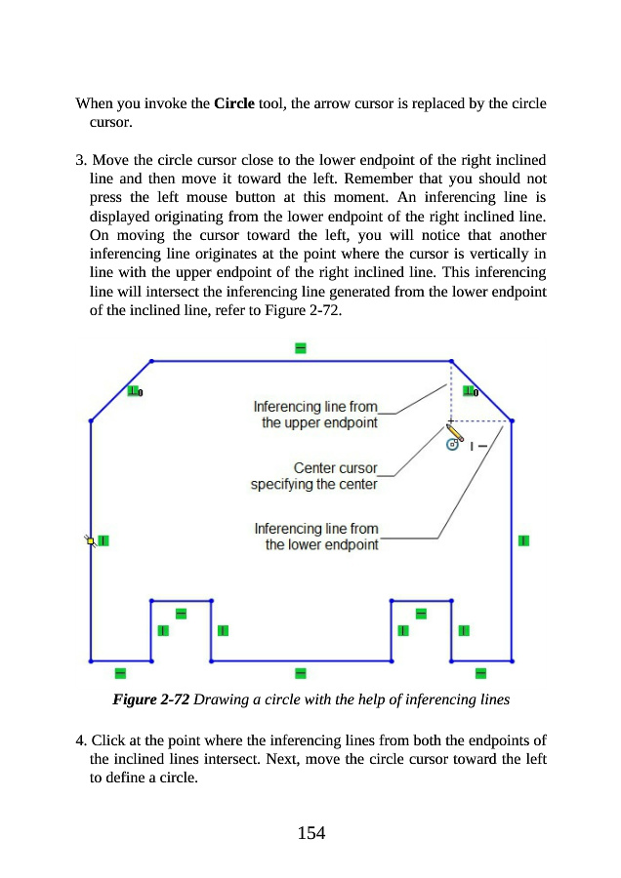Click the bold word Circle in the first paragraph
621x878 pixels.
click(233, 103)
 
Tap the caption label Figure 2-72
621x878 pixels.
click(151, 699)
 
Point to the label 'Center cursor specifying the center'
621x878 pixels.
click(313, 476)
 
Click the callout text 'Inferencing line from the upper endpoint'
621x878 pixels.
click(315, 414)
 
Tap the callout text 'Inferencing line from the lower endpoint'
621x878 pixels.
click(316, 537)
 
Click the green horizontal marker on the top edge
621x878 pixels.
click(301, 348)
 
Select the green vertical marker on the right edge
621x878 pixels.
click(523, 540)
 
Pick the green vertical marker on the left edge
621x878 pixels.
click(103, 539)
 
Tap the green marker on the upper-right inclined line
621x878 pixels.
click(470, 392)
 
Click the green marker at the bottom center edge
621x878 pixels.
click(301, 672)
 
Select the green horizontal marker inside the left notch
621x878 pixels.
click(181, 613)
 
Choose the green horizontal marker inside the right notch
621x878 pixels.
click(422, 613)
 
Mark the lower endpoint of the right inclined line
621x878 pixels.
click(513, 421)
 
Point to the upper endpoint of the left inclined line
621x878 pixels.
click(151, 361)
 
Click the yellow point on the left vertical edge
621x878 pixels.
click(90, 539)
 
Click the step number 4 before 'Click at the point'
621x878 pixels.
click(80, 743)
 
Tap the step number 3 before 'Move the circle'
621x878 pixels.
click(80, 158)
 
